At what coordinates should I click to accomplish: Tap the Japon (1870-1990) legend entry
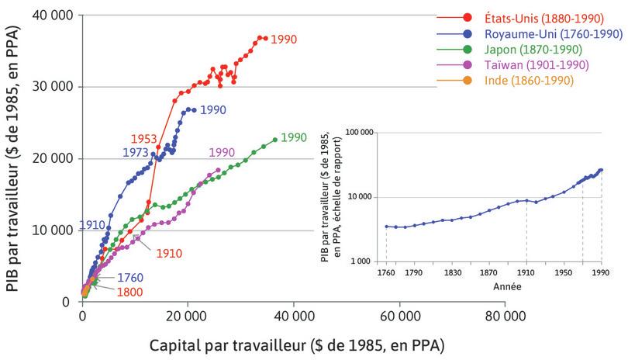527,49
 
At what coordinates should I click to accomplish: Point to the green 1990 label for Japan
294,137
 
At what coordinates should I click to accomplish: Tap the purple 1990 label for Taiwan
221,152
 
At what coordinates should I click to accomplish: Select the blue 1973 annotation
135,152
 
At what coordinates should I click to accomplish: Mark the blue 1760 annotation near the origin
129,278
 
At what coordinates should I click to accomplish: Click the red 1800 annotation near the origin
129,293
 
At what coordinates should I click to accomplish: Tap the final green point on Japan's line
275,140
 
